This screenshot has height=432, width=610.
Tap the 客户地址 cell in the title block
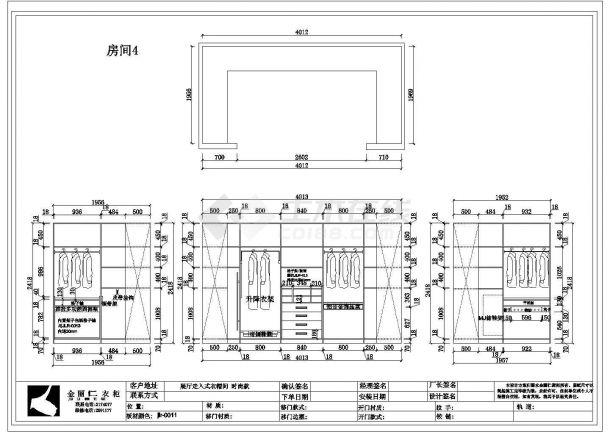[x=144, y=384]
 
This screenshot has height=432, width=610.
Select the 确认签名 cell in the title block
[x=295, y=384]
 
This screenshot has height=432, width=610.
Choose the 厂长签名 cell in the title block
[x=442, y=384]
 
